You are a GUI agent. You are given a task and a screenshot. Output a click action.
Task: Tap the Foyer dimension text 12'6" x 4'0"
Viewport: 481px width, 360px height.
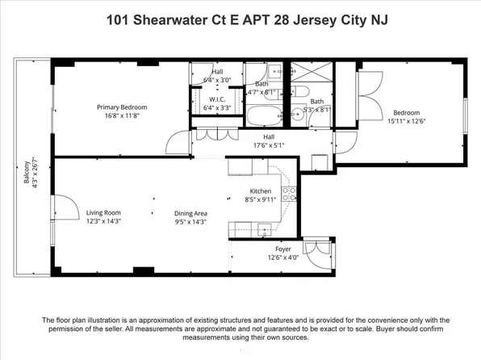[x=283, y=258]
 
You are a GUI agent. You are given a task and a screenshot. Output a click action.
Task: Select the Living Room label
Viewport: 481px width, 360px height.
[x=103, y=213]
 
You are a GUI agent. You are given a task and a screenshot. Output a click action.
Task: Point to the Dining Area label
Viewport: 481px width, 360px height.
[x=191, y=213]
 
